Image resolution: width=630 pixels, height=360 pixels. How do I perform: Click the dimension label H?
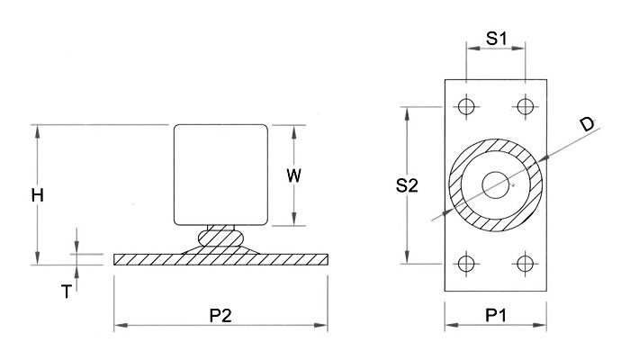[x=38, y=195]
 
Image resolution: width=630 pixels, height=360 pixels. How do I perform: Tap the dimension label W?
[x=293, y=175]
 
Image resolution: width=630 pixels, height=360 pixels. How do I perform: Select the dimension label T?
[x=67, y=292]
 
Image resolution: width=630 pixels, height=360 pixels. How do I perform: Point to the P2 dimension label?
[x=220, y=315]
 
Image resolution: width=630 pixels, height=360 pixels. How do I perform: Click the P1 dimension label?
[x=496, y=315]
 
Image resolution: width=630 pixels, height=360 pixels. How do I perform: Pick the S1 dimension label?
[x=497, y=38]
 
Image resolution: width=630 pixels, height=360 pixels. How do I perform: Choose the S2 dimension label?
[x=407, y=185]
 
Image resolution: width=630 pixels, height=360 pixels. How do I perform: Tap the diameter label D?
[x=588, y=124]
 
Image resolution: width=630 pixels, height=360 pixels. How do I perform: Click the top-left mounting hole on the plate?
[x=466, y=106]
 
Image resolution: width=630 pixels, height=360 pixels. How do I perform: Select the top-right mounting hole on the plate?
[x=525, y=106]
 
